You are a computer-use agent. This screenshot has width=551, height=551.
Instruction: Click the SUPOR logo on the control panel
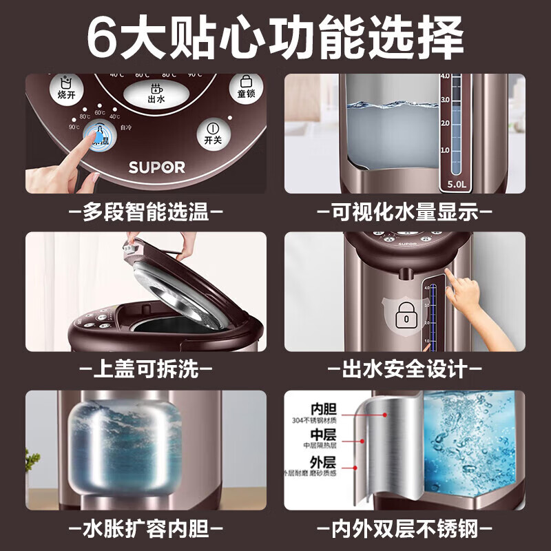156,167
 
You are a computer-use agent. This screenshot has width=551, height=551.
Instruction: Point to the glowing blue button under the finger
101,138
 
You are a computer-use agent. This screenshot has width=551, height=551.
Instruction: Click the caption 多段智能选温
145,212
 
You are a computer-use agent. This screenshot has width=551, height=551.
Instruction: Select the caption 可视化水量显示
405,212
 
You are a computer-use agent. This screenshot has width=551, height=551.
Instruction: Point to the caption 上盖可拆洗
145,370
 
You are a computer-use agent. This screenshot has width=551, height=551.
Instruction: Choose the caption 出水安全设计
405,370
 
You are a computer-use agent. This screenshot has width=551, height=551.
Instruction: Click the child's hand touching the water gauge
468,298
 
